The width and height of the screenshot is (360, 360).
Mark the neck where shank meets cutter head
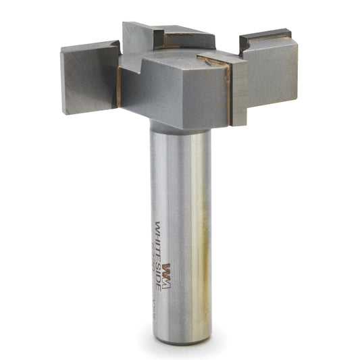pos(179,128)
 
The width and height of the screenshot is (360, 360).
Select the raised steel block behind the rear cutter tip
pos(138,37)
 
